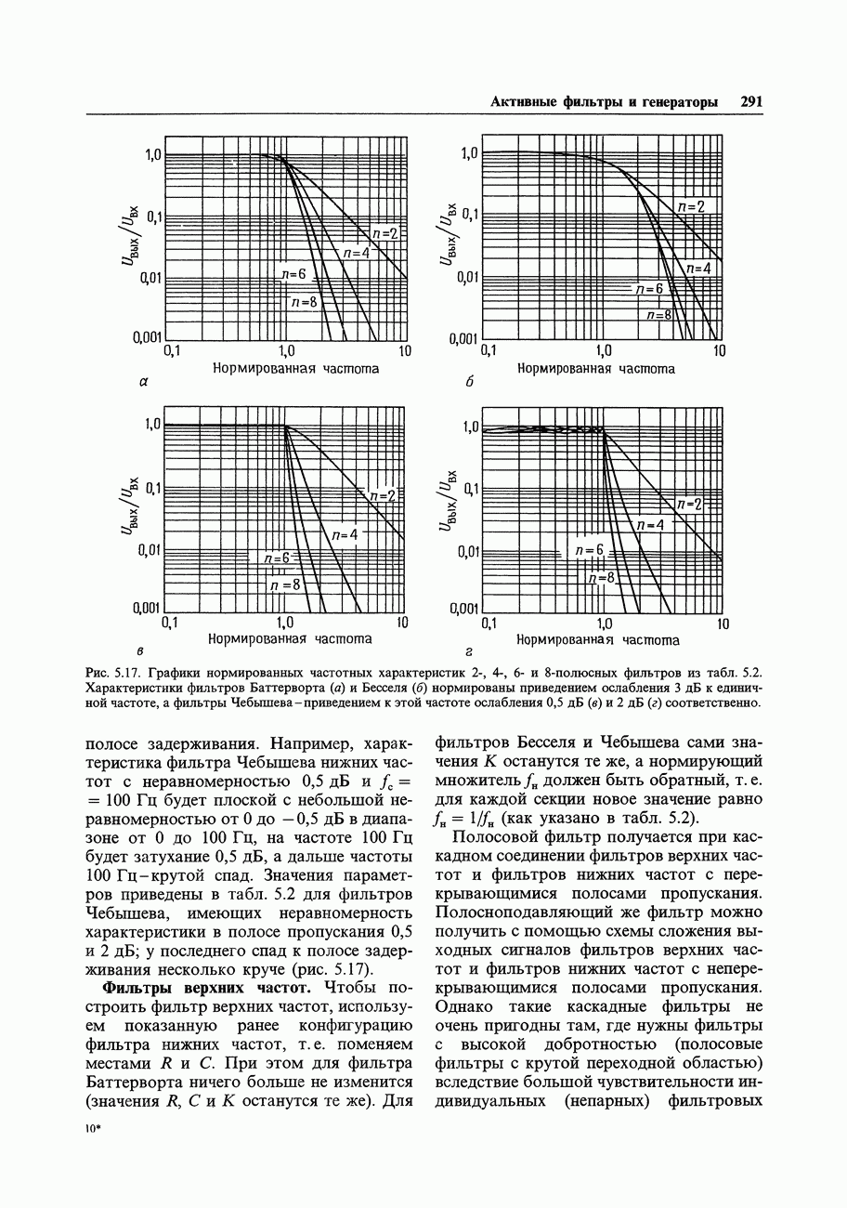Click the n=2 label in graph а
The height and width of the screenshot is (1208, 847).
(x=384, y=234)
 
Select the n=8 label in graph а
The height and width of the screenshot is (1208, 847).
(x=303, y=302)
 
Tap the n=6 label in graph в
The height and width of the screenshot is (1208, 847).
(x=278, y=558)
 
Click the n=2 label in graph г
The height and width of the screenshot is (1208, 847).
(x=690, y=505)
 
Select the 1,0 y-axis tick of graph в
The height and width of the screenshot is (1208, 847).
(x=151, y=425)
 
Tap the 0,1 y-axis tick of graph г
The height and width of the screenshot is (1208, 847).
(x=470, y=489)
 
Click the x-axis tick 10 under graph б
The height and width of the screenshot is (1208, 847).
(x=719, y=351)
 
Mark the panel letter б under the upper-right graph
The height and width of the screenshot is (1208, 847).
(x=470, y=383)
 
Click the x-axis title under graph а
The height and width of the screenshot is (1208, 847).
(x=295, y=369)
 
